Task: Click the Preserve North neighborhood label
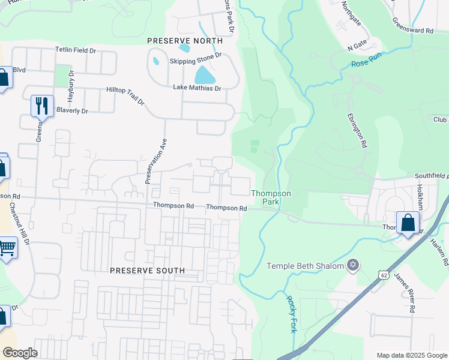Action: (185, 41)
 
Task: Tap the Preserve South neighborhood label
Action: (148, 271)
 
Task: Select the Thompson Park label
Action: (271, 197)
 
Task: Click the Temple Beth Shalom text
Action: (305, 266)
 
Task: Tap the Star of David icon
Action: (353, 265)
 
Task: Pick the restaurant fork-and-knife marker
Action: (42, 106)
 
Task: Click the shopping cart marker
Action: (6, 247)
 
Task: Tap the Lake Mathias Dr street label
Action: (197, 88)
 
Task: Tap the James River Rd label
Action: (405, 293)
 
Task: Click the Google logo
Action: (19, 353)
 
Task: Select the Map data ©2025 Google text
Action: (411, 355)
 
